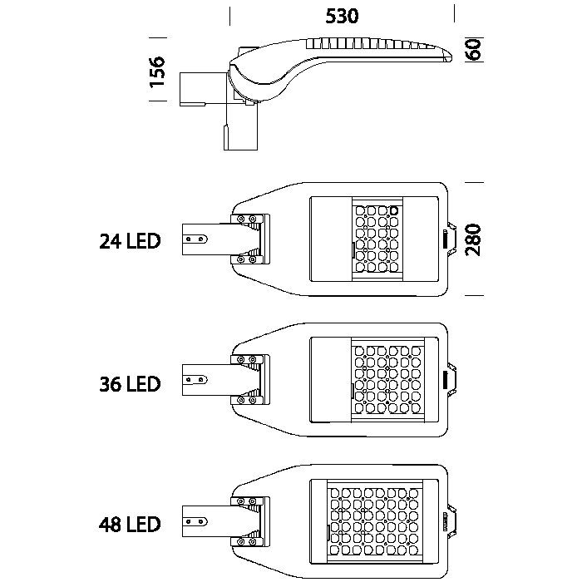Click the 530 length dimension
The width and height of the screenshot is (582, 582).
pyautogui.click(x=342, y=17)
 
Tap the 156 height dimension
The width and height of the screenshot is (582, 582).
pyautogui.click(x=159, y=72)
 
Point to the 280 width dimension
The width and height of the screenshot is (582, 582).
pyautogui.click(x=475, y=240)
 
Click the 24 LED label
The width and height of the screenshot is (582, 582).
pyautogui.click(x=129, y=242)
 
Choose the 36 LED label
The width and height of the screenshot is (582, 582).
pyautogui.click(x=129, y=384)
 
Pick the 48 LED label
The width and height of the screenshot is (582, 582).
pyautogui.click(x=129, y=525)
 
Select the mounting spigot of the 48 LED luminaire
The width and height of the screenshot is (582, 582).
pyautogui.click(x=204, y=521)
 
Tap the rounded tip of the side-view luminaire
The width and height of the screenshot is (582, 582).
pyautogui.click(x=447, y=55)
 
